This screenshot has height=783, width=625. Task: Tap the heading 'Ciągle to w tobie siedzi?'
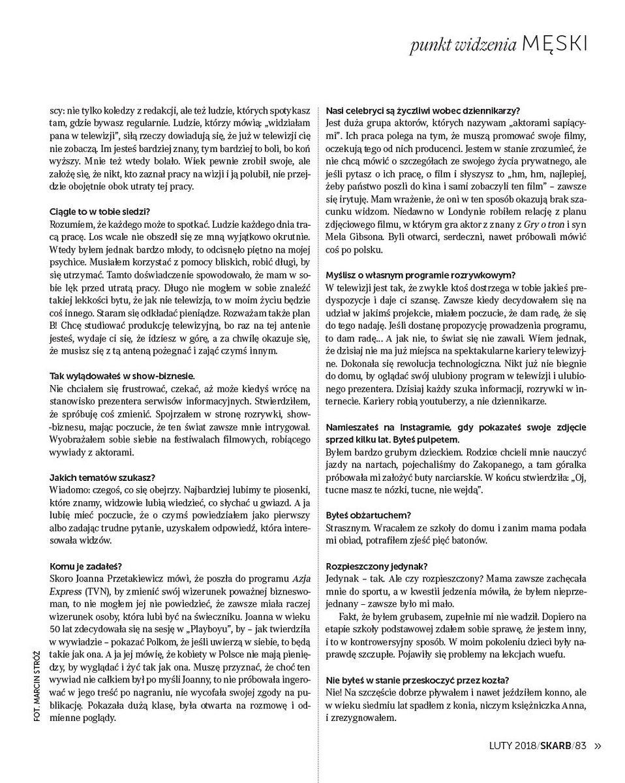point(100,211)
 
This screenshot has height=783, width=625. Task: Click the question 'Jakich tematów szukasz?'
point(102,477)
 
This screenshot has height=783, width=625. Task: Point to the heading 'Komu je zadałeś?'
point(85,565)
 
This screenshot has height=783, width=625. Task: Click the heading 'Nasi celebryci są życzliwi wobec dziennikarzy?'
point(427,110)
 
